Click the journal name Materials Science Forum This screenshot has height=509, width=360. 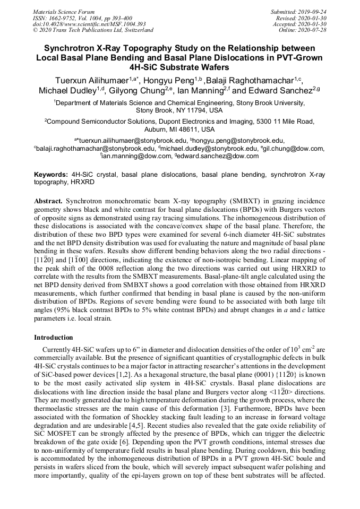pos(64,12)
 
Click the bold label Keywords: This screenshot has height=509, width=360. pos(51,174)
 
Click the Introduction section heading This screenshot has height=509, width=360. pos(54,338)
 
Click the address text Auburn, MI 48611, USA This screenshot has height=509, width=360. pos(179,129)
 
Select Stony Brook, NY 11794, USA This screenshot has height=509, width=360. pos(179,110)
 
